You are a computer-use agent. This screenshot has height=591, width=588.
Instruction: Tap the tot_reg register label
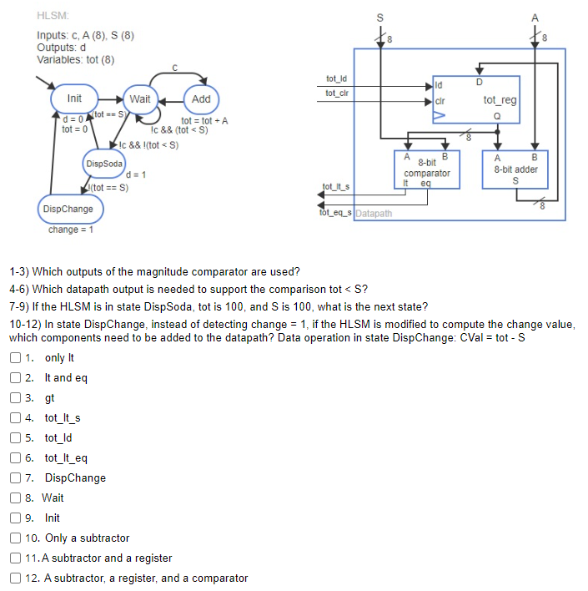point(500,100)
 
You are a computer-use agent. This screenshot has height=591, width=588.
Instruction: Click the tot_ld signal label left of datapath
point(336,78)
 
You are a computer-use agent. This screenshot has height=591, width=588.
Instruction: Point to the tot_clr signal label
point(337,93)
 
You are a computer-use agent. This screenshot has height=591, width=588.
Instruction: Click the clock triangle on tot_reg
point(440,115)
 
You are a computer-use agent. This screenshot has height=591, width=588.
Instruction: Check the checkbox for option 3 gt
point(16,397)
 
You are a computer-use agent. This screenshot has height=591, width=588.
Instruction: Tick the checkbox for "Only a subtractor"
point(16,538)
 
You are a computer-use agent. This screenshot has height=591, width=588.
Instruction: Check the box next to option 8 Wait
point(16,498)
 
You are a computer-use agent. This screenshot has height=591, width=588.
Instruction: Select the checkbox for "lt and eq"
point(16,377)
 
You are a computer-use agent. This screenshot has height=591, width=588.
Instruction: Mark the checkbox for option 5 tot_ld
point(16,437)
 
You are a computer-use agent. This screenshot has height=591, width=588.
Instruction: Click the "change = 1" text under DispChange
point(70,230)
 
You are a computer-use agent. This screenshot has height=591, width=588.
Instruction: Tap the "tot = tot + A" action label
point(204,120)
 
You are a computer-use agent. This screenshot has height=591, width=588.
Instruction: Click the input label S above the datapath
point(380,18)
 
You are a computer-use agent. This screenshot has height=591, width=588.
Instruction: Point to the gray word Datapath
point(374,214)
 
